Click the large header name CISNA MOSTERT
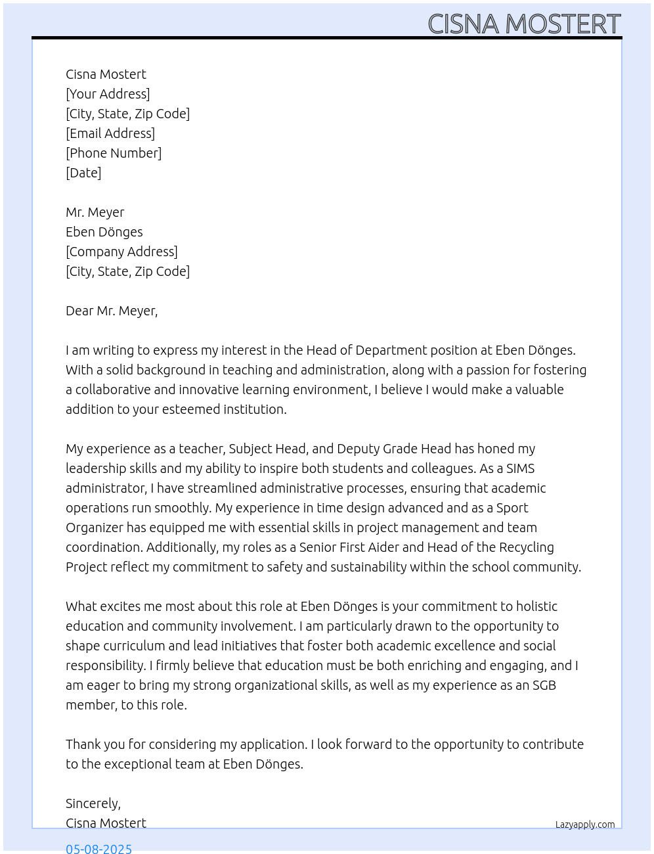524,24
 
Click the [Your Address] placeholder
108,94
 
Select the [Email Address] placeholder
110,133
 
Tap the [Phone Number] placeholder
114,153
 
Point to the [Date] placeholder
83,173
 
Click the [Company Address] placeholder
121,252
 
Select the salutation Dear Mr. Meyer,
112,311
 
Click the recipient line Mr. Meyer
95,212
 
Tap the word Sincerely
92,803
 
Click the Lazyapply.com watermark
585,824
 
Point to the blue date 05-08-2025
98,848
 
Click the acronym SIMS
520,468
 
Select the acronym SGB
544,685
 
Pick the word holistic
536,606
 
